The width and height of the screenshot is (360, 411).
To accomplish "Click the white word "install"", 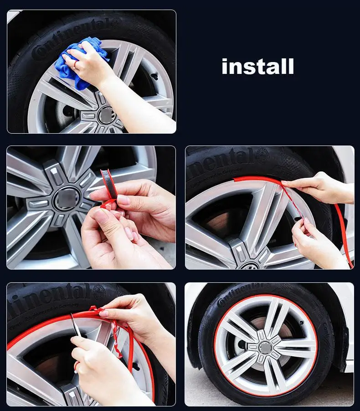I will [x=257, y=67].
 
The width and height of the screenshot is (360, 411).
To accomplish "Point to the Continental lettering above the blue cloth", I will [x=68, y=36].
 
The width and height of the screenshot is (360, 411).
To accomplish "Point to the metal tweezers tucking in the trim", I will [x=76, y=325].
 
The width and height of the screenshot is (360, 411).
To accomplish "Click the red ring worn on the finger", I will [x=76, y=366].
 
